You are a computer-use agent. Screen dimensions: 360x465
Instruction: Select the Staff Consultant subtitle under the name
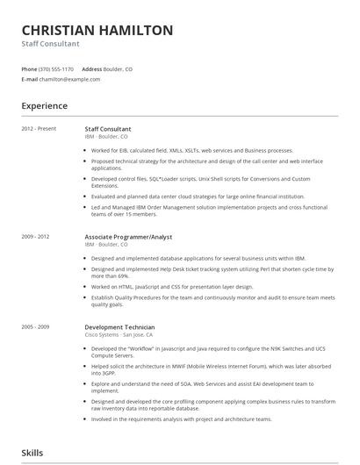tap(50, 44)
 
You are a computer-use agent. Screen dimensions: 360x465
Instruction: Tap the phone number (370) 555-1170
tap(57, 68)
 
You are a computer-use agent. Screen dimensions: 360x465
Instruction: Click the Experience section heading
tap(45, 106)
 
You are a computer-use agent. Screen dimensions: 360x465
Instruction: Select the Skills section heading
tap(33, 453)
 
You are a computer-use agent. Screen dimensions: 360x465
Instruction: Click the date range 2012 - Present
tap(39, 129)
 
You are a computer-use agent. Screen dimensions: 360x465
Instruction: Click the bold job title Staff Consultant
tap(108, 129)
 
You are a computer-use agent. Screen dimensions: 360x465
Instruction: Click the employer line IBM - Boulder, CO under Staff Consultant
tap(106, 137)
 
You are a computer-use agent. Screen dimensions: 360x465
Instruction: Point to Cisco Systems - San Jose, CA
tap(119, 334)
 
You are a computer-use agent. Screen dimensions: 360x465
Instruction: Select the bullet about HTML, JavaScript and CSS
tap(171, 287)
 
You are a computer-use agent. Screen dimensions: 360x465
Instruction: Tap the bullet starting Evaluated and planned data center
tap(198, 197)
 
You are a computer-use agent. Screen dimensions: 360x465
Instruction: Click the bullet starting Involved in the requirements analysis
tap(191, 419)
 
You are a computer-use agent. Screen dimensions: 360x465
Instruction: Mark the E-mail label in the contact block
tap(30, 79)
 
